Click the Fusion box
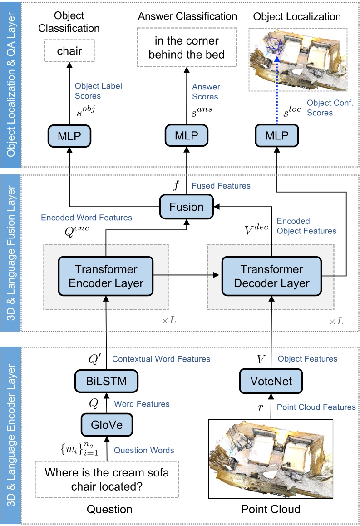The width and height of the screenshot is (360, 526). [187, 207]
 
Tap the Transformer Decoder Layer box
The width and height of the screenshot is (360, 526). [271, 276]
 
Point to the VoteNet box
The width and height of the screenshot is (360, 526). [271, 380]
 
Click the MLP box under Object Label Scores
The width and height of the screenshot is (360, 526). [69, 135]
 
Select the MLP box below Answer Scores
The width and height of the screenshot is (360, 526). [186, 135]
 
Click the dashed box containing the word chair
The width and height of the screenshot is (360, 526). [69, 50]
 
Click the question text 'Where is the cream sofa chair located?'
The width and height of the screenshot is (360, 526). [107, 479]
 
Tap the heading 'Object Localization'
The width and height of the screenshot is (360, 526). [297, 17]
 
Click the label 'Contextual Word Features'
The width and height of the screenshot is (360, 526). [161, 359]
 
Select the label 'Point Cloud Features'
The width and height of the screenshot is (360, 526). [316, 407]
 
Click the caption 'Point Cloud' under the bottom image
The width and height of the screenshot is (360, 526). [271, 509]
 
